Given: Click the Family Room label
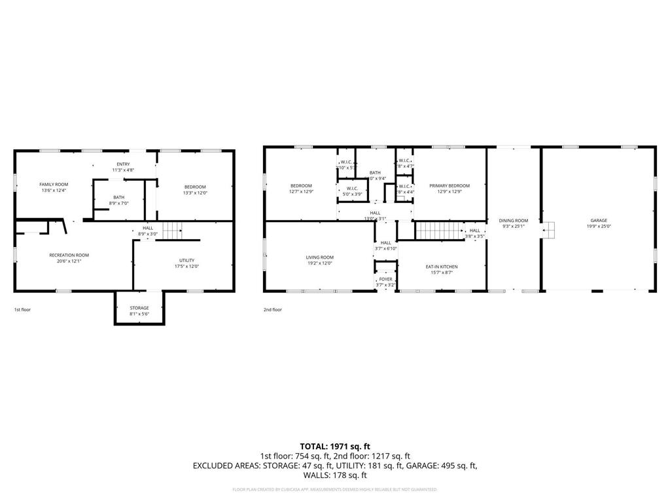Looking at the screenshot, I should pos(54,185).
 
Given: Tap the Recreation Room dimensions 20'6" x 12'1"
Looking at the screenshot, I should pos(69,261).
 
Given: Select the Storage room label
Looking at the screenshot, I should pos(139,308).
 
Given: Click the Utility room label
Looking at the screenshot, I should pos(186,260).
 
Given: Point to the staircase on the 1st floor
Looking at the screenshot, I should pos(171,231).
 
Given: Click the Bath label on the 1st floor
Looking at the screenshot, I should pos(118,197).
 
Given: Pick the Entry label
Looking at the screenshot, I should pos(123,164).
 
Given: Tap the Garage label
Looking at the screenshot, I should pos(599,221).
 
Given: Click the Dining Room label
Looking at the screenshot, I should pos(514,221).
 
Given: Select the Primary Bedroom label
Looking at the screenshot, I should pos(450,185).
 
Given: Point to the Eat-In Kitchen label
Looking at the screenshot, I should pos(442,267).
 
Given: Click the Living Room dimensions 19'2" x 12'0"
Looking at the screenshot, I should pos(320,263).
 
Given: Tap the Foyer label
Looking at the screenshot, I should pos(386,279).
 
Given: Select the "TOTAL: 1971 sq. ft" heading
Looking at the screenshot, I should pos(335,446).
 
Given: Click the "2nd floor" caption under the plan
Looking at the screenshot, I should pos(272,309).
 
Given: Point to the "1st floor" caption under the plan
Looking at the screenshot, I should pos(22,309).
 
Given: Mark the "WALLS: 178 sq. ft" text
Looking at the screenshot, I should pos(335,475).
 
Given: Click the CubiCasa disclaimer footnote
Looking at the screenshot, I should pos(335,489).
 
